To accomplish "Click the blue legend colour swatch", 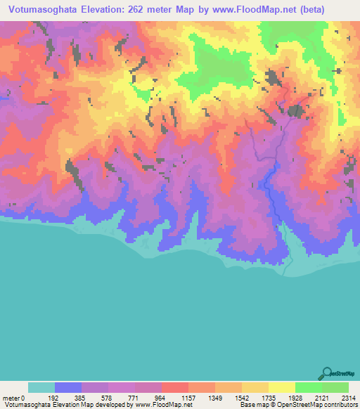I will (67, 388).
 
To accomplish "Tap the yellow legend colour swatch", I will (281, 388).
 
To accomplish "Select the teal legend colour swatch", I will (41, 388).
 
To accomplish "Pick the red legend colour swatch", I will (174, 388).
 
